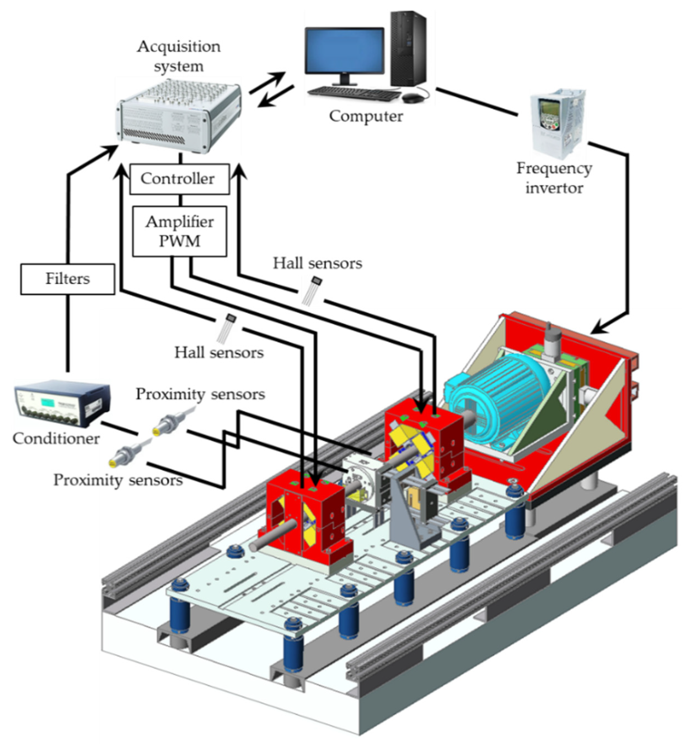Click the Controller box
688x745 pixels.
pos(180,179)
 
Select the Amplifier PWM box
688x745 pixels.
pos(180,232)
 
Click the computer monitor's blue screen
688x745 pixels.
pos(344,50)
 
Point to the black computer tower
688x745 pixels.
pos(408,49)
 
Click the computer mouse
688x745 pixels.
pos(413,98)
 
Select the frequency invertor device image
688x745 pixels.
pos(557,123)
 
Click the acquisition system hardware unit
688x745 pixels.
pos(179,116)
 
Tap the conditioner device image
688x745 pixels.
pos(61,404)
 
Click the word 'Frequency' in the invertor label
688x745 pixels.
pos(554,169)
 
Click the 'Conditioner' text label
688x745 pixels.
pos(56,439)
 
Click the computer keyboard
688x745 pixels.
pos(354,93)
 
